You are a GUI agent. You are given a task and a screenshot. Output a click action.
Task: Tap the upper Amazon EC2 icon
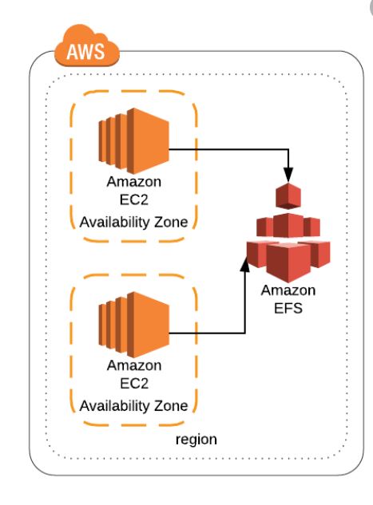(x=134, y=140)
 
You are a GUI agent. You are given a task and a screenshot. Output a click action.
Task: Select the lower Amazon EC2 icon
(x=134, y=325)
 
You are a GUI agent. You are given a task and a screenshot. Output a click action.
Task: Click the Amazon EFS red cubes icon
(x=288, y=232)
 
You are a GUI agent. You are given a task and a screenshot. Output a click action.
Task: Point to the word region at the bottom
(x=196, y=440)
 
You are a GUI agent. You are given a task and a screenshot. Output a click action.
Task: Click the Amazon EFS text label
(x=288, y=299)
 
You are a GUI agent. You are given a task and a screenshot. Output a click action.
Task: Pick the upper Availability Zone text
(x=134, y=223)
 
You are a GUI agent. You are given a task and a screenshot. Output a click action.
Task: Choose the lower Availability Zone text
(x=134, y=406)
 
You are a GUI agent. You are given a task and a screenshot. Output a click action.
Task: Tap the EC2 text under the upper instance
(x=134, y=199)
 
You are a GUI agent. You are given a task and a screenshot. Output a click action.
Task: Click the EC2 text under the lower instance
(x=134, y=384)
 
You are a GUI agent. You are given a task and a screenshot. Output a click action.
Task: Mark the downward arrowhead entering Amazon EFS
(x=288, y=175)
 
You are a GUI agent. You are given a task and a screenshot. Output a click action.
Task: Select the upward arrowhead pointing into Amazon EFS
(x=245, y=264)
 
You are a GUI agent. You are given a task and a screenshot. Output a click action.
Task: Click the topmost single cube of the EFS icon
(x=288, y=195)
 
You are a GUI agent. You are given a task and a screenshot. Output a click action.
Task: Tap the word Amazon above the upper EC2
(x=134, y=182)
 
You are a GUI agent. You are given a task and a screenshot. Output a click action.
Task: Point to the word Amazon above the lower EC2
(x=134, y=365)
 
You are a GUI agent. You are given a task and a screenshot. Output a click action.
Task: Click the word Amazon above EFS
(x=288, y=290)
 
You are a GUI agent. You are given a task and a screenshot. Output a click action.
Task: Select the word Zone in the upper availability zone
(x=171, y=223)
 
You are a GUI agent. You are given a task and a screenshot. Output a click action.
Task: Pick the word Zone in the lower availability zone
(x=171, y=406)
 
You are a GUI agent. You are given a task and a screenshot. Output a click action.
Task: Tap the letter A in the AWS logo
(x=72, y=52)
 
